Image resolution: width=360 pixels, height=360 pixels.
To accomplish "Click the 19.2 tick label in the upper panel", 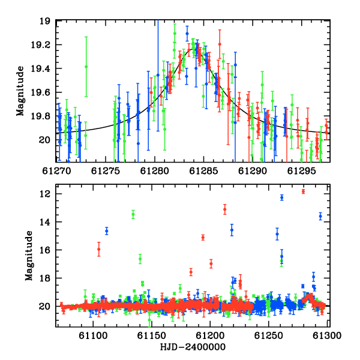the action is tap(40, 45).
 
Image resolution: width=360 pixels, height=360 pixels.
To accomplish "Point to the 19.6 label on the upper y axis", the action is tap(40, 92).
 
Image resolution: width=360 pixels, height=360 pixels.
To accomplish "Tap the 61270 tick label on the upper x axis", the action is tap(56, 171).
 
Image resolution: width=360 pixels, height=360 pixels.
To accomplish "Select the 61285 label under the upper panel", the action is tap(203, 171).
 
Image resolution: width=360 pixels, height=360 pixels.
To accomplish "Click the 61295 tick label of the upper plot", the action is tap(301, 171).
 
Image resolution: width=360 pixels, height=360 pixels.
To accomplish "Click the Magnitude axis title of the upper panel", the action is tap(20, 91).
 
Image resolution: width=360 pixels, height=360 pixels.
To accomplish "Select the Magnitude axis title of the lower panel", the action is tap(29, 256).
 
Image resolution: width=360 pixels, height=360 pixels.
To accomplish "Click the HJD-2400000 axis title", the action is tap(193, 347).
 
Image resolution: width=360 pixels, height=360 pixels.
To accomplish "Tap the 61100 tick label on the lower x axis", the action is tap(93, 335).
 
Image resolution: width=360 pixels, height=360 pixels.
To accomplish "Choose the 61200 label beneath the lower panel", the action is tap(210, 335).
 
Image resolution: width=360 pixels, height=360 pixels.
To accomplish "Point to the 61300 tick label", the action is tap(327, 335).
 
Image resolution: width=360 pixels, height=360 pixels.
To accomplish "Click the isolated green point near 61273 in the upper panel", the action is tap(86, 67).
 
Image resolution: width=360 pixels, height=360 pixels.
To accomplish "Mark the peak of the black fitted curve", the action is tap(192, 49).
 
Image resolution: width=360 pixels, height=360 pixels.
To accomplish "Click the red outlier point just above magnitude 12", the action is tap(303, 191).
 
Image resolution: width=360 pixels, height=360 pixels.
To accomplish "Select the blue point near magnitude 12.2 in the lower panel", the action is tap(282, 197).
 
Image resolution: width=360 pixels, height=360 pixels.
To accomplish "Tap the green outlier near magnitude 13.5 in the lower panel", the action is tap(133, 214).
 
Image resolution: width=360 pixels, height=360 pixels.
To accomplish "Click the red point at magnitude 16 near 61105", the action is tap(99, 249).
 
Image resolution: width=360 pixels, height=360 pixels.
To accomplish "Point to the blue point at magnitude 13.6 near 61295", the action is tap(320, 216).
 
